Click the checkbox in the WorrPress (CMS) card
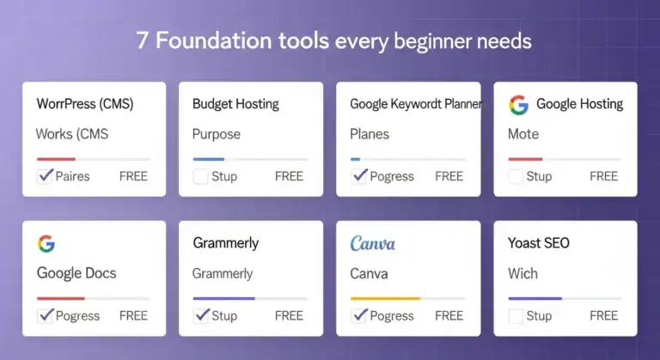(x=45, y=176)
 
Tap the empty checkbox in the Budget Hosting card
(x=200, y=176)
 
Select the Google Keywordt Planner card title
(x=416, y=104)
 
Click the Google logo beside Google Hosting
(x=518, y=105)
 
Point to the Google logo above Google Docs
(x=46, y=243)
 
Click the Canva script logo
(x=373, y=244)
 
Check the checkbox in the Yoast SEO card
(x=516, y=315)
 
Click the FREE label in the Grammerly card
(x=289, y=315)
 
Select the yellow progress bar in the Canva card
(x=385, y=298)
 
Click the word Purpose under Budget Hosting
(x=217, y=134)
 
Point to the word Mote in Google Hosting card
(x=523, y=134)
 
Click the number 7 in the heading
(x=142, y=40)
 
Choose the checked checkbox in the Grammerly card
(x=201, y=314)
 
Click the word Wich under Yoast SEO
(x=522, y=273)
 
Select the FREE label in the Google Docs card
(x=133, y=315)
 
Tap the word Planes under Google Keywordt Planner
(x=370, y=134)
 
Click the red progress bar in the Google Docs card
(x=60, y=298)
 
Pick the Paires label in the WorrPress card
(x=72, y=176)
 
